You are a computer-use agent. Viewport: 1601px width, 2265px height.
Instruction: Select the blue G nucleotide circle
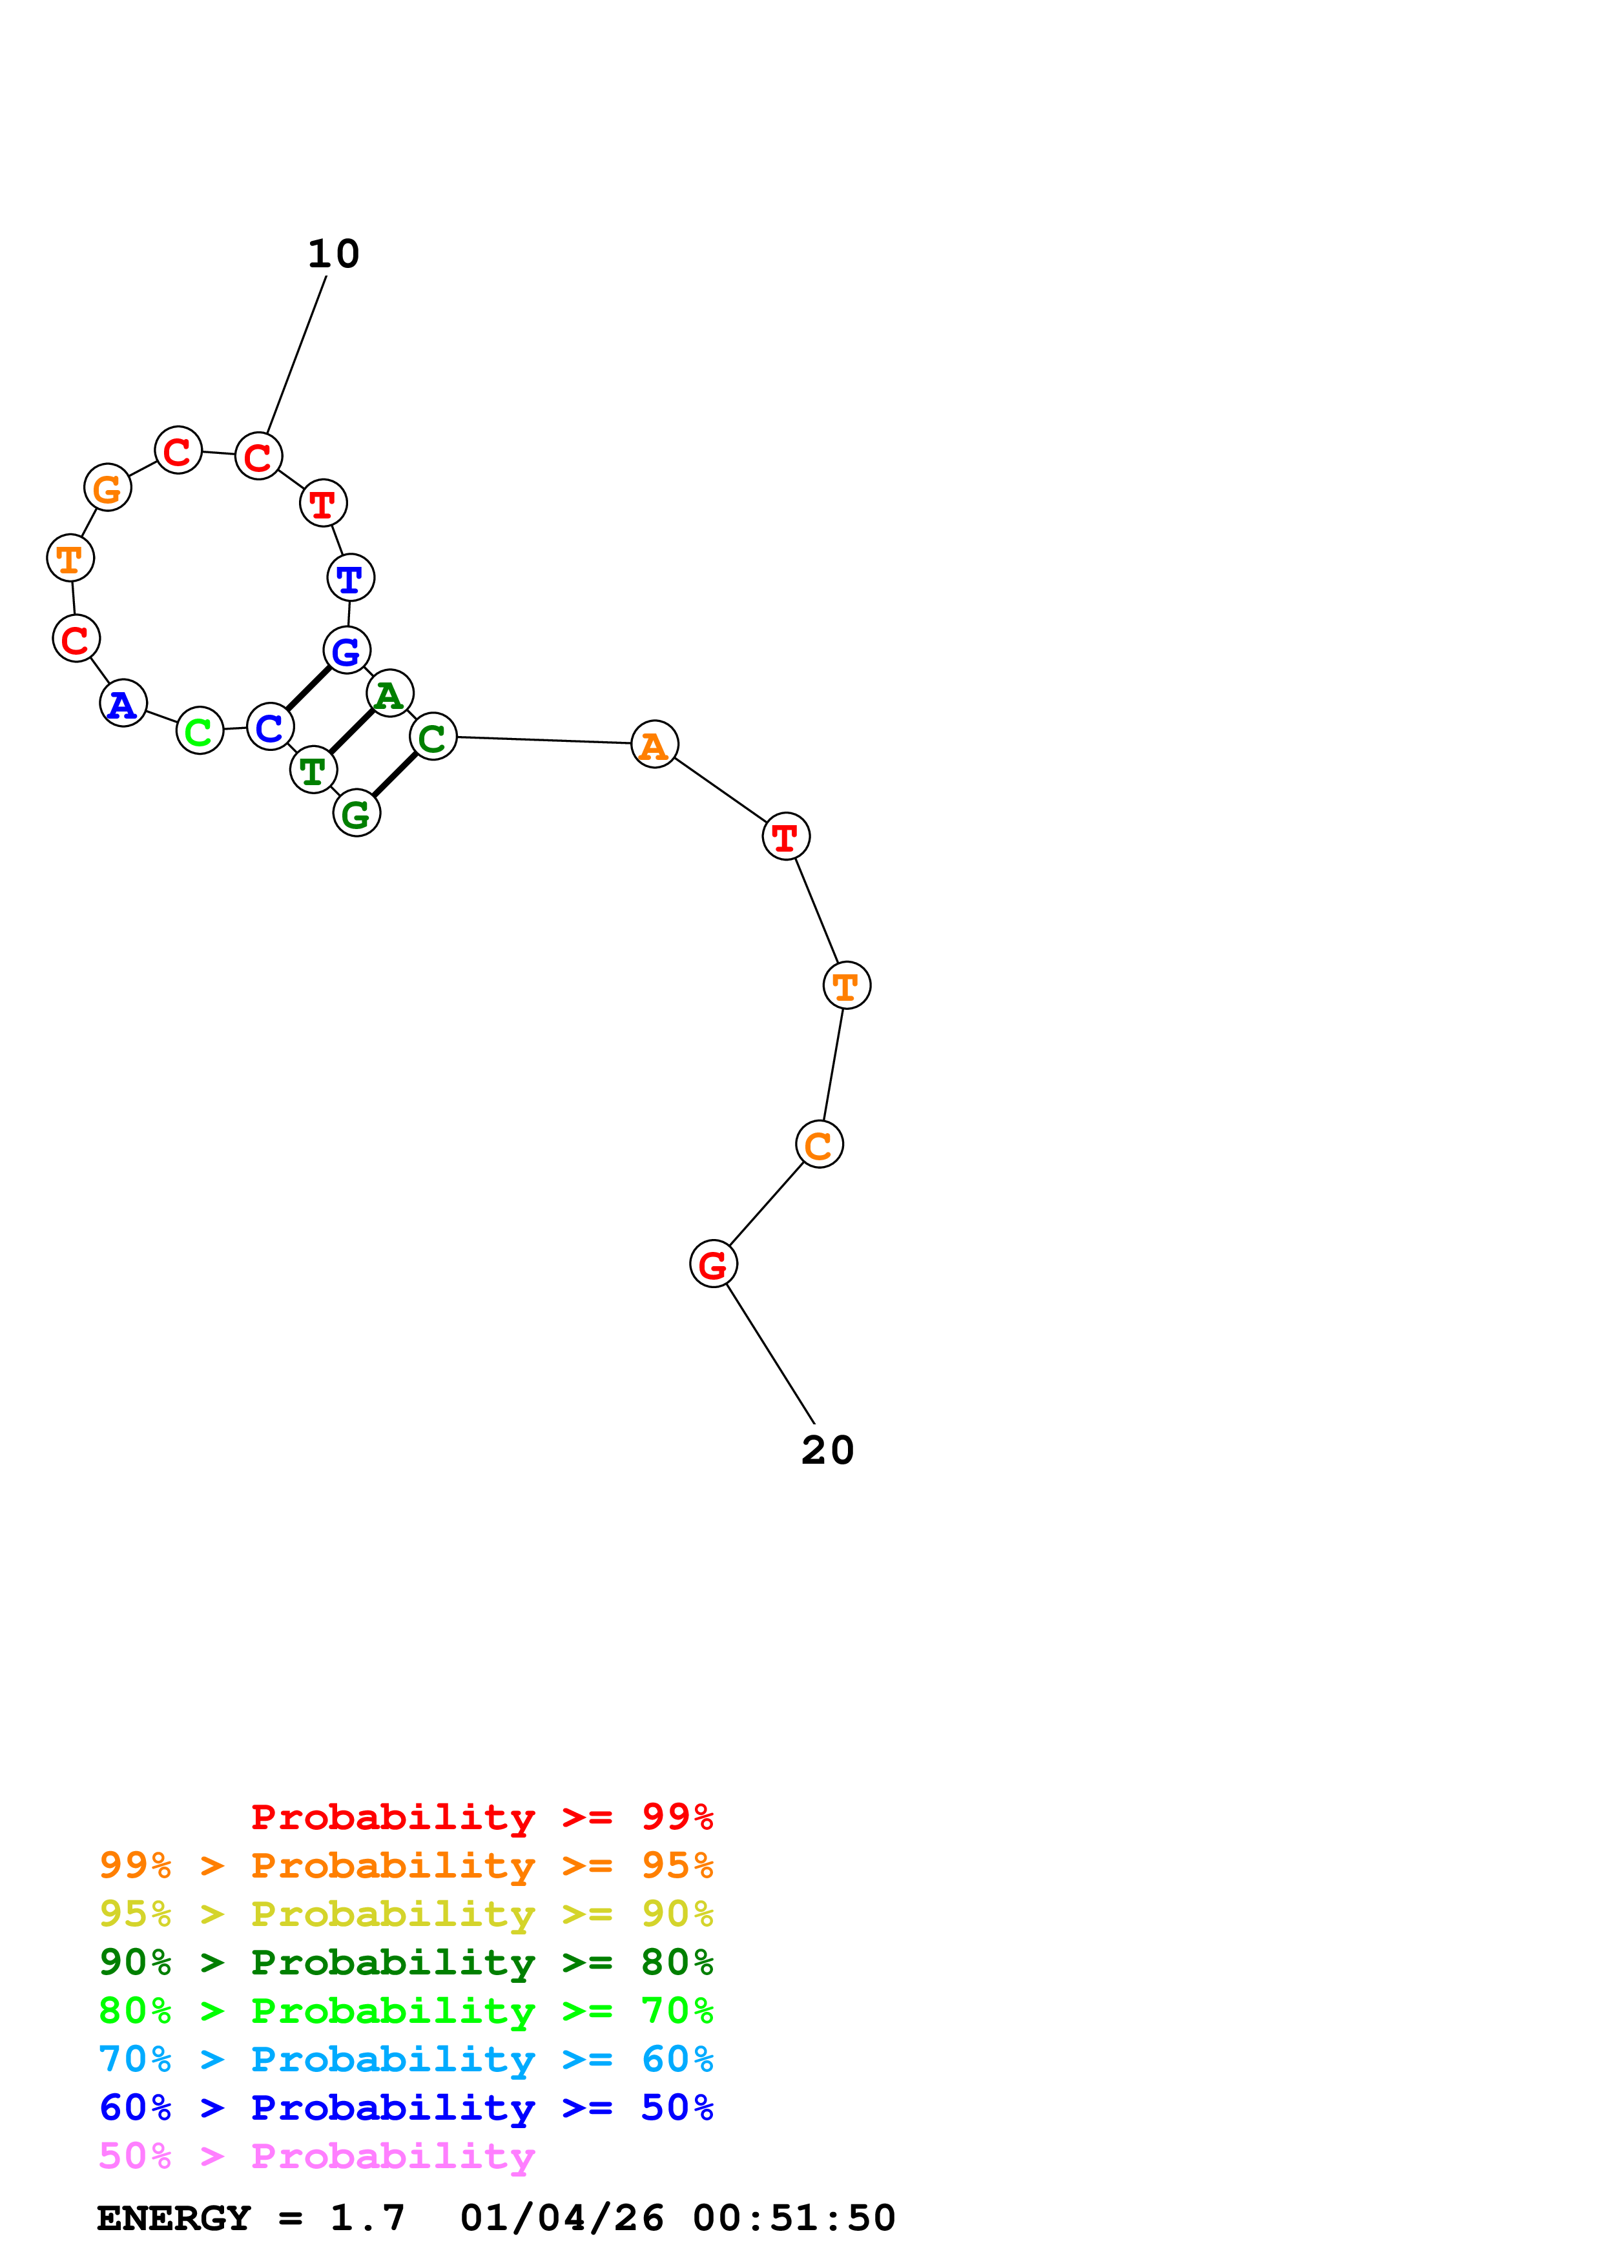pyautogui.click(x=346, y=650)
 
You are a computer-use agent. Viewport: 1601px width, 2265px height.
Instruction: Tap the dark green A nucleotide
pyautogui.click(x=389, y=693)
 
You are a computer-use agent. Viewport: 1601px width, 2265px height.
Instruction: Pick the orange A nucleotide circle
pyautogui.click(x=654, y=745)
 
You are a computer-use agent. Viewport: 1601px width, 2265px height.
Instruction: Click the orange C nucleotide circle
pyautogui.click(x=819, y=1144)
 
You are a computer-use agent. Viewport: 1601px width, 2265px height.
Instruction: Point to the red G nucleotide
pyautogui.click(x=713, y=1264)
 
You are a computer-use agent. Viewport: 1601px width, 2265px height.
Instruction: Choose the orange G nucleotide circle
pyautogui.click(x=107, y=487)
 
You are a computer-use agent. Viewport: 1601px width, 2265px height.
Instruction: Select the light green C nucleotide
pyautogui.click(x=200, y=731)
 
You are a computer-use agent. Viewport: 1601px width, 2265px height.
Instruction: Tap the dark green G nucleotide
pyautogui.click(x=356, y=814)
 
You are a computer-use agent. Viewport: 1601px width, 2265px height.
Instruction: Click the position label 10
pyautogui.click(x=333, y=254)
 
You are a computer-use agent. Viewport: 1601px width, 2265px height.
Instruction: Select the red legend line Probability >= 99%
pyautogui.click(x=481, y=1817)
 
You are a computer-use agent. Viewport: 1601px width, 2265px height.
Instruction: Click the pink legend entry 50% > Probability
pyautogui.click(x=316, y=2155)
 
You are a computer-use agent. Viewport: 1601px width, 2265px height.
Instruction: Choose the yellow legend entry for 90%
pyautogui.click(x=406, y=1914)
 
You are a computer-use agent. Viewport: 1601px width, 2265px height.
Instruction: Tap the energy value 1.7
pyautogui.click(x=367, y=2218)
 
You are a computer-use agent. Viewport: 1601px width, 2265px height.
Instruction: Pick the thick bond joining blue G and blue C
pyautogui.click(x=308, y=688)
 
